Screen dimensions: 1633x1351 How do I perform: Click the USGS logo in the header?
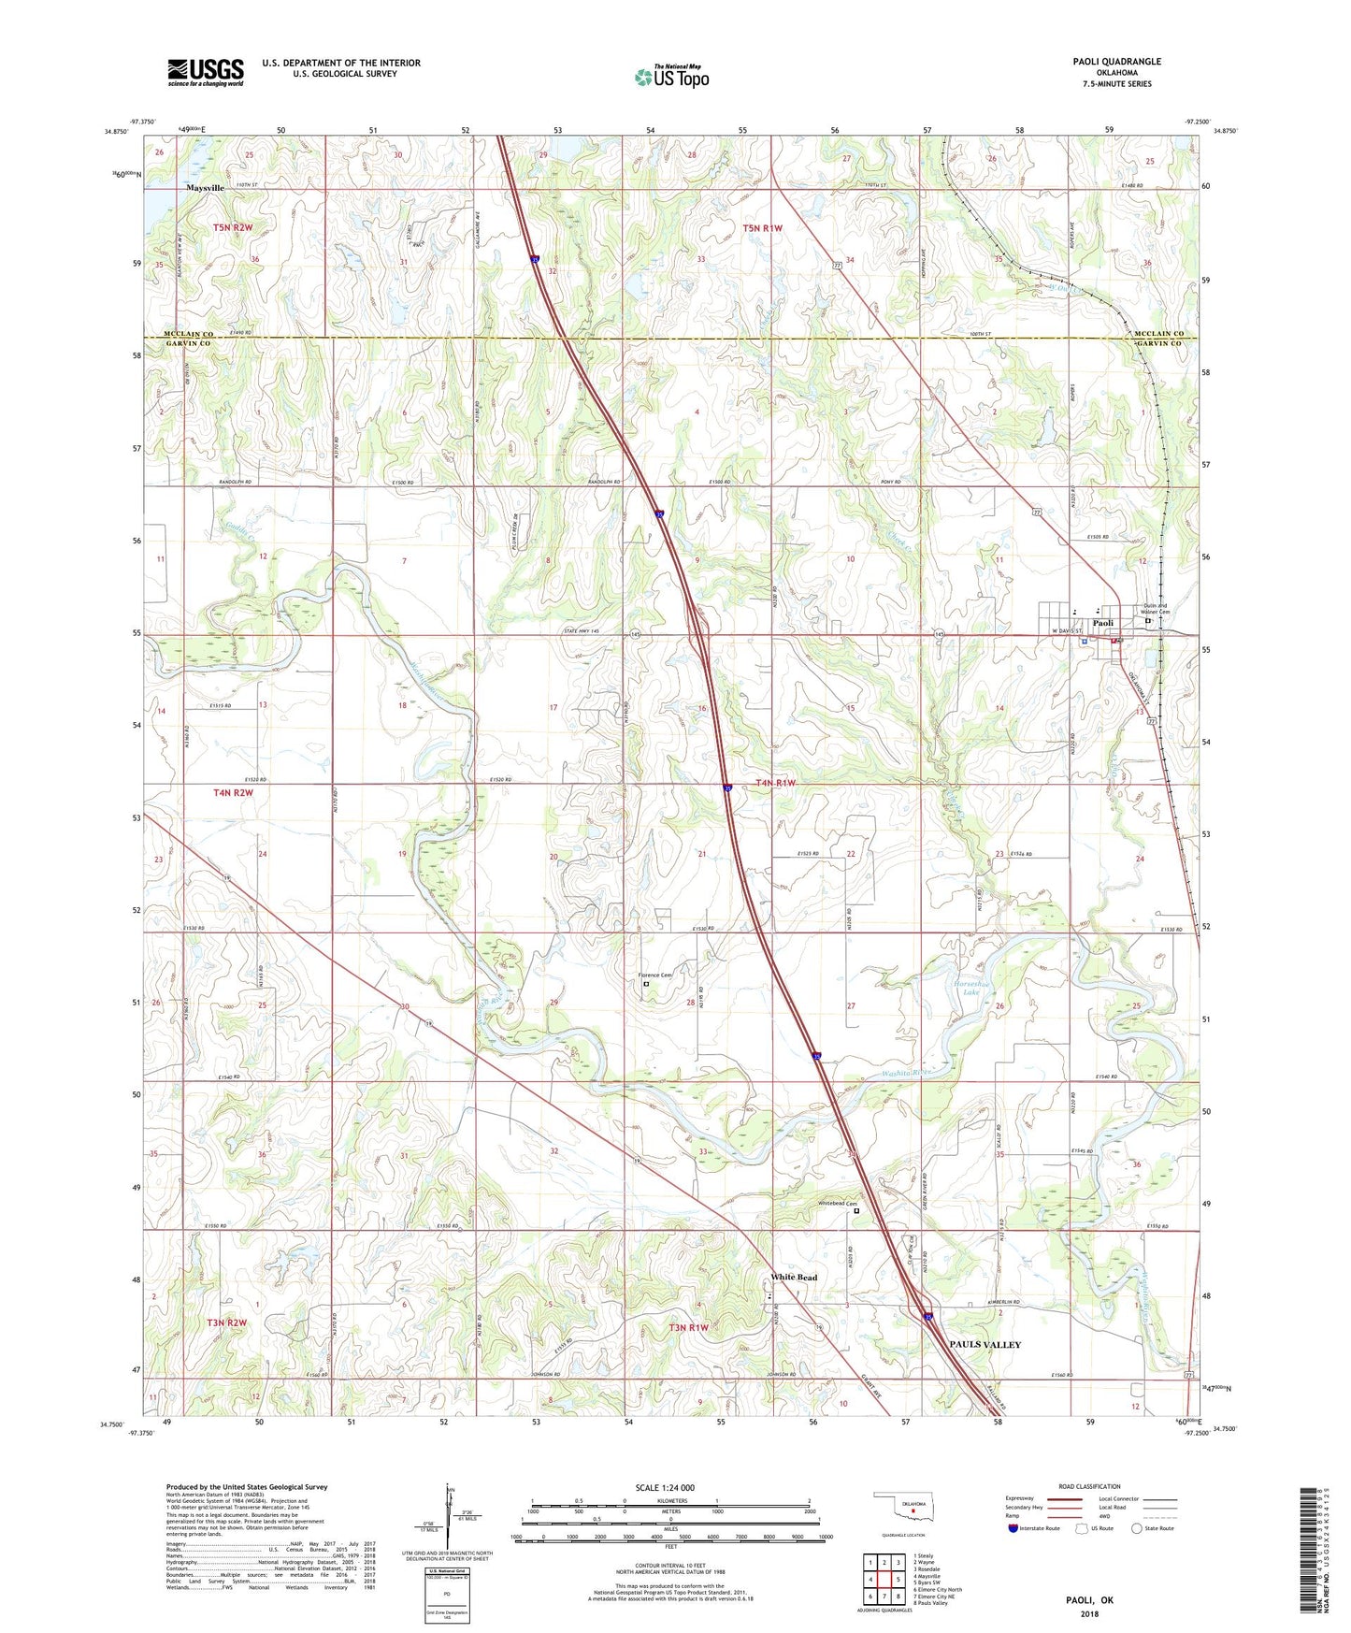pos(205,72)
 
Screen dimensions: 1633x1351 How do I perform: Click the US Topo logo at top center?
pos(671,77)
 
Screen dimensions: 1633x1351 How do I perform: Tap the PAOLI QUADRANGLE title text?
pos(1117,62)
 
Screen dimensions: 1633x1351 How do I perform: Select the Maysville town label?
pos(205,188)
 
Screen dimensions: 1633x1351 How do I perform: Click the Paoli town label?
pos(1103,624)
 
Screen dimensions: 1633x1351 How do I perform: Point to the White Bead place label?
pos(794,1278)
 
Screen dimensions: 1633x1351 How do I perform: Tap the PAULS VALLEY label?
pos(985,1344)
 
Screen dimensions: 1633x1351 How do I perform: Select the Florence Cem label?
pos(655,975)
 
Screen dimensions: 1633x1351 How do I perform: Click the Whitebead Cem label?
pos(838,1203)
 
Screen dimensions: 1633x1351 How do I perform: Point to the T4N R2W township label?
pos(233,793)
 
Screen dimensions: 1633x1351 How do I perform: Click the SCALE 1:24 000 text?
pos(665,1488)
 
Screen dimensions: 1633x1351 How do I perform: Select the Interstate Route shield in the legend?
pos(1013,1528)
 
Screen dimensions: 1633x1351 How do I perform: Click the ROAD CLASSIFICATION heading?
pos(1089,1486)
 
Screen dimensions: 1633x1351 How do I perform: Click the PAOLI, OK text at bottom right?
pos(1090,1600)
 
